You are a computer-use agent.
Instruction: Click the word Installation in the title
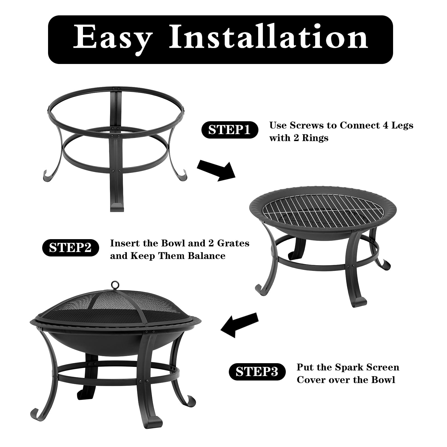tap(268, 38)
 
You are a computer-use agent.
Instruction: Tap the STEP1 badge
tap(230, 130)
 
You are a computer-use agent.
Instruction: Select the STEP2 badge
tap(70, 248)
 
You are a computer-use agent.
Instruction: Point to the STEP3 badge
tap(257, 372)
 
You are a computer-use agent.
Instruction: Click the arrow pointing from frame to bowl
tap(217, 170)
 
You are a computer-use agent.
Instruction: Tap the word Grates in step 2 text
tap(233, 243)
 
